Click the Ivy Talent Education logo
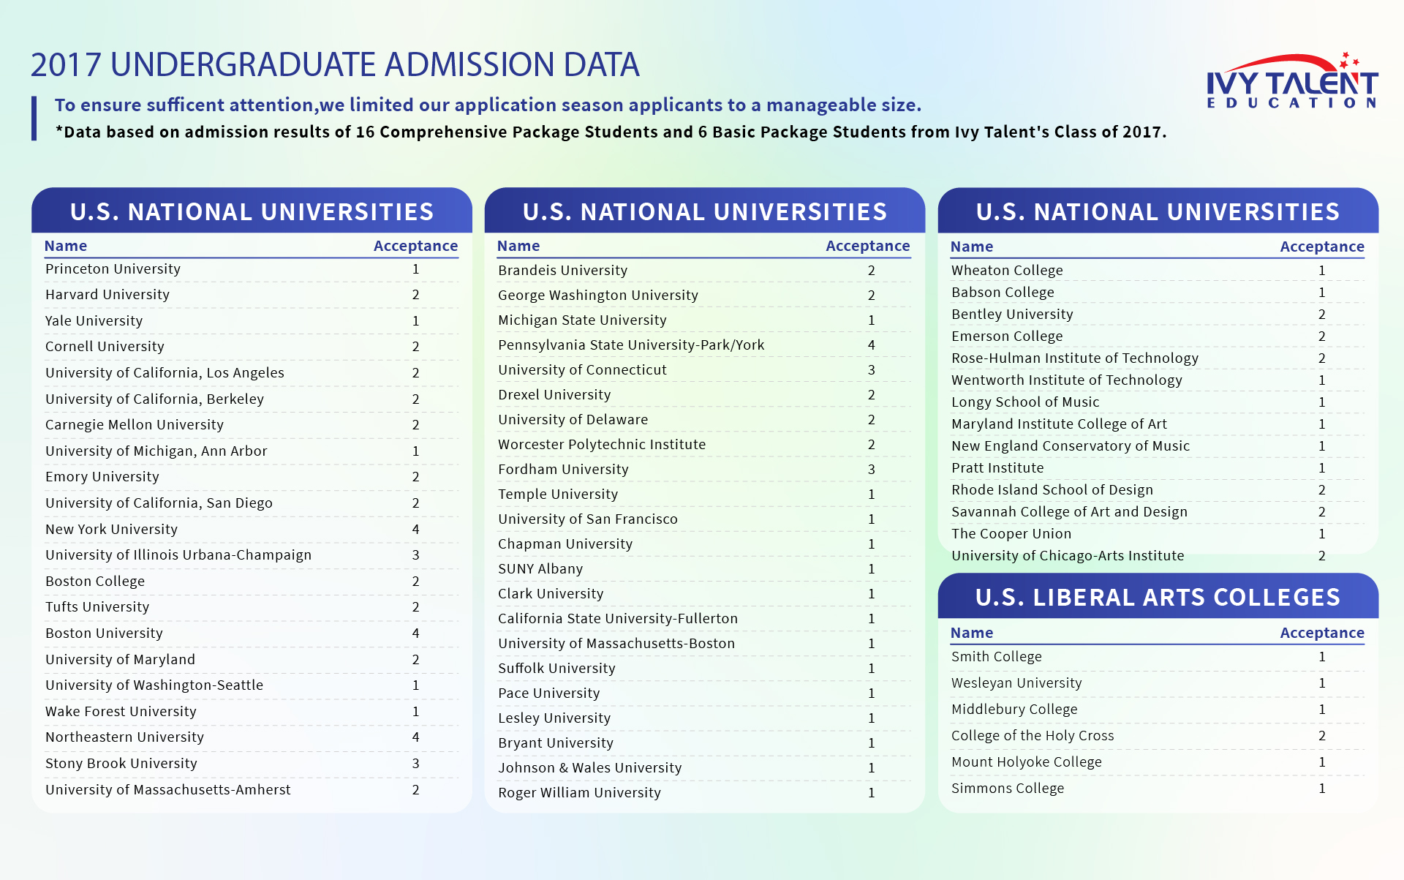tap(1292, 81)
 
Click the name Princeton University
tap(113, 269)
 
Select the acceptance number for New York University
tap(415, 529)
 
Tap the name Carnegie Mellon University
tap(135, 425)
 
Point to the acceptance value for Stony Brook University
tap(415, 764)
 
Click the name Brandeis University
tap(562, 271)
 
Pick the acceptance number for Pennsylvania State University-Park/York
tap(871, 345)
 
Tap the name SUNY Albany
tap(540, 569)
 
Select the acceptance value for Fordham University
tap(871, 470)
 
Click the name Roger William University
tap(579, 793)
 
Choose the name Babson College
tap(1003, 293)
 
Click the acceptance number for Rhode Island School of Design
tap(1321, 490)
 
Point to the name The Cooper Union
tap(1011, 534)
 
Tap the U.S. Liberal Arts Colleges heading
tap(1158, 598)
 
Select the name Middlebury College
tap(1014, 710)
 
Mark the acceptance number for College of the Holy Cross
tap(1321, 736)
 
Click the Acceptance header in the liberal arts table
tap(1321, 633)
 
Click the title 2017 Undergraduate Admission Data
tap(335, 65)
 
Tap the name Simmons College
tap(1007, 789)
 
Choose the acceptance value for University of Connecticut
tap(871, 370)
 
